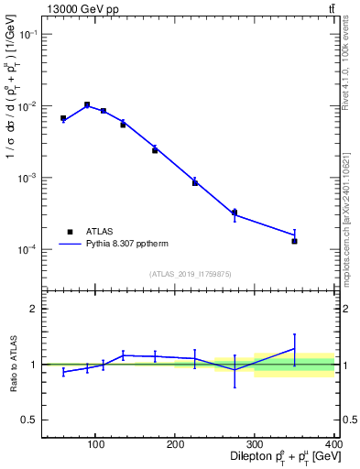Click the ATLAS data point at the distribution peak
87,104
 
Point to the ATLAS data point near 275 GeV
235,213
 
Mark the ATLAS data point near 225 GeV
195,182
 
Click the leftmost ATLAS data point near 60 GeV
63,118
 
